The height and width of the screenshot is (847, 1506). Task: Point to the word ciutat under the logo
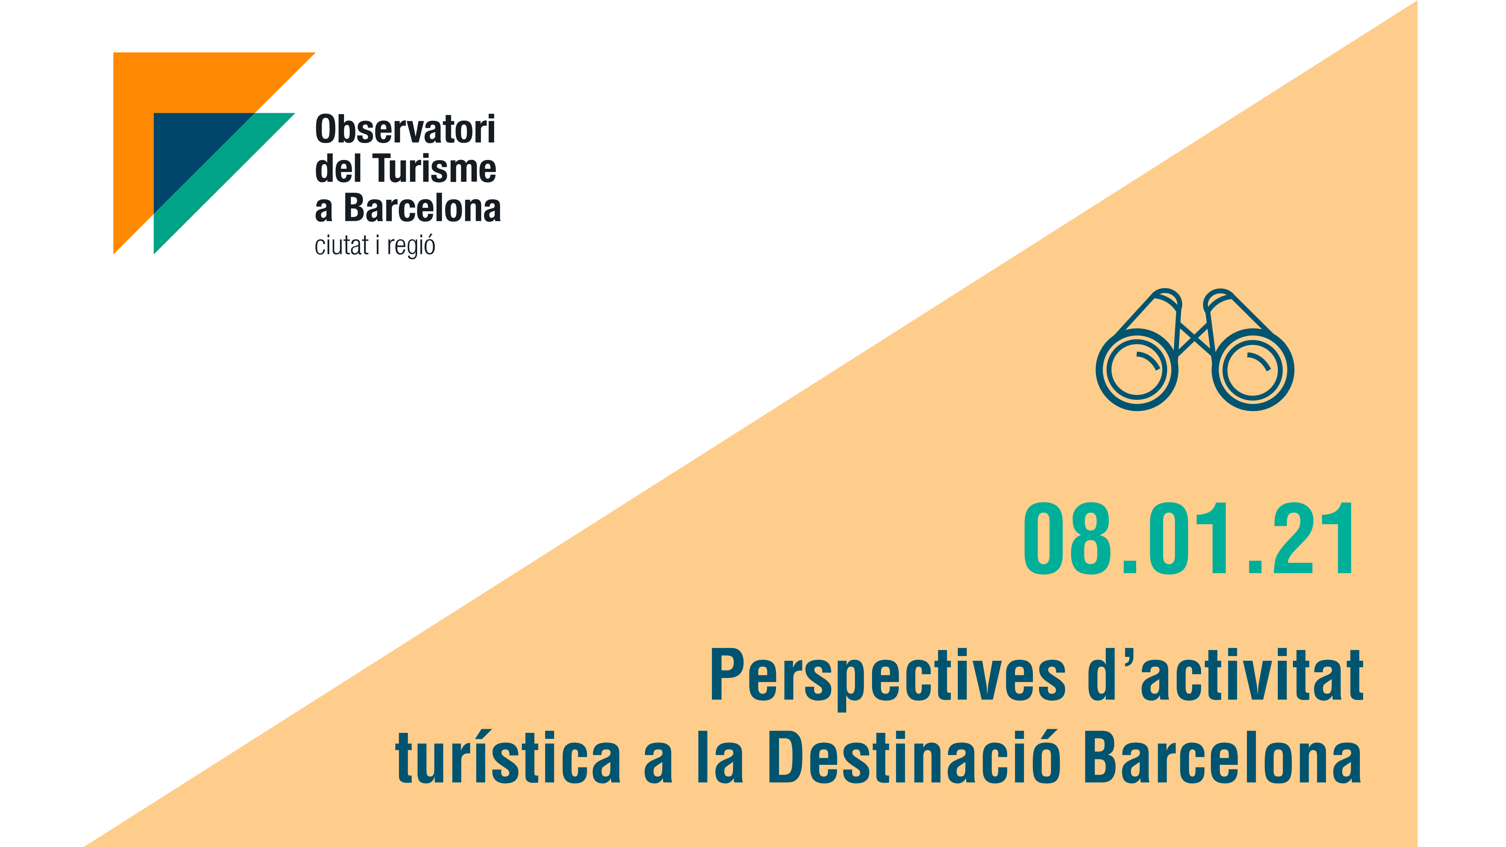341,245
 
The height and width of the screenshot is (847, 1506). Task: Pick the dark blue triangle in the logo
187,146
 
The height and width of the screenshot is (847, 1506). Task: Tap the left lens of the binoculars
1137,370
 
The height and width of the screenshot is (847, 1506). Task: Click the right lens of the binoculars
1253,370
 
